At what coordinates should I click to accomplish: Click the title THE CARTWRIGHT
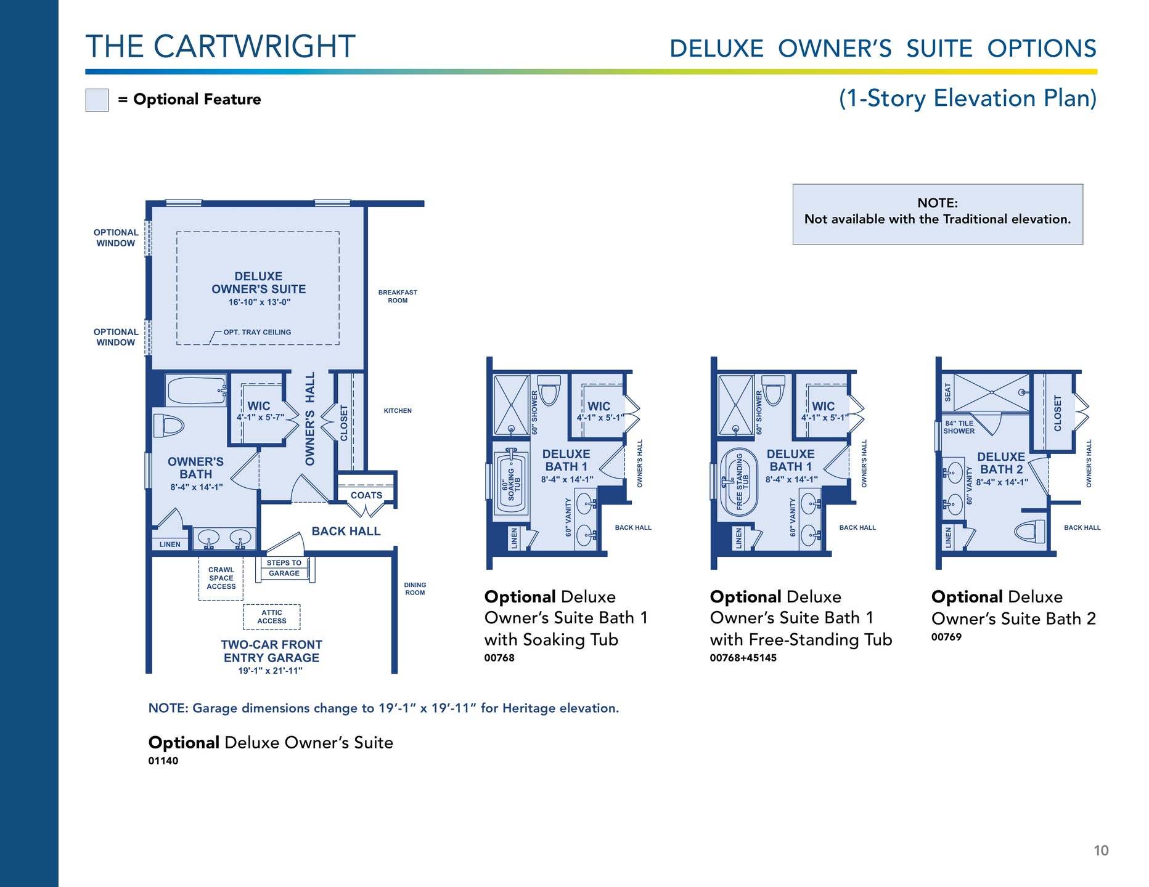221,47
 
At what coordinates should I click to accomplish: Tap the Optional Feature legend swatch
97,100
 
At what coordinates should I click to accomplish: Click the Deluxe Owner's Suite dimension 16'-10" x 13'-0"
260,302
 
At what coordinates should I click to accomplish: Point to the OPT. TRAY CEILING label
257,332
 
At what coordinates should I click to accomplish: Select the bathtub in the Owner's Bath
197,390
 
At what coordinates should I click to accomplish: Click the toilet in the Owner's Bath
170,425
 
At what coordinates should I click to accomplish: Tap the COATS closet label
366,495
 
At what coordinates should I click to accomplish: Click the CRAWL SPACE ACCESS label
221,578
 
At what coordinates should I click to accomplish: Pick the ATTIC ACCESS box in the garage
272,617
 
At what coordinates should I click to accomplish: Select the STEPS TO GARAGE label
284,568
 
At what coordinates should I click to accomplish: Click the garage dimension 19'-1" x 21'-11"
271,671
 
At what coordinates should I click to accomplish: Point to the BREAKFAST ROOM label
398,296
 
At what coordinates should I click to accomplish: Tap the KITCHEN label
398,411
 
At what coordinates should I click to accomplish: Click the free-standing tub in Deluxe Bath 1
739,482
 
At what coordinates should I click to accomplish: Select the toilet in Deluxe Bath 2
1030,531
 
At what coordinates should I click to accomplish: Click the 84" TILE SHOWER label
959,427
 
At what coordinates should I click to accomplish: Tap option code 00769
946,637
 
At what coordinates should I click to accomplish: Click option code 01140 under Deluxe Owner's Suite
163,761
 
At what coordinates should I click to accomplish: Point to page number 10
1101,851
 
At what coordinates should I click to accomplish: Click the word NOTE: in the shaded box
938,203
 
